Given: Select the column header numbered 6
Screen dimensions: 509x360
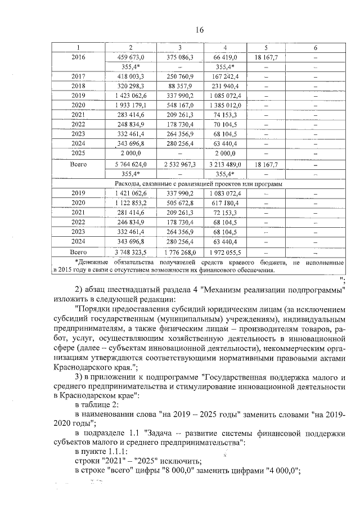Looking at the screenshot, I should tap(315, 48).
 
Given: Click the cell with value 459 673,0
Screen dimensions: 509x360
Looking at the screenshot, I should tap(130, 57).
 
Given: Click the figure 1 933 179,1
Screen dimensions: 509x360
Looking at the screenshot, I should tap(130, 105).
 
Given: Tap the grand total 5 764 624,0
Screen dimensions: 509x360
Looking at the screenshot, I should tap(130, 164).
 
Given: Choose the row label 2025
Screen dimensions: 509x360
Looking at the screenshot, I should tap(78, 152).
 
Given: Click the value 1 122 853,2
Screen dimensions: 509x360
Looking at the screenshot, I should tap(130, 202).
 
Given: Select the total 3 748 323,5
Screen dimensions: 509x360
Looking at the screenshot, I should tap(130, 251).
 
